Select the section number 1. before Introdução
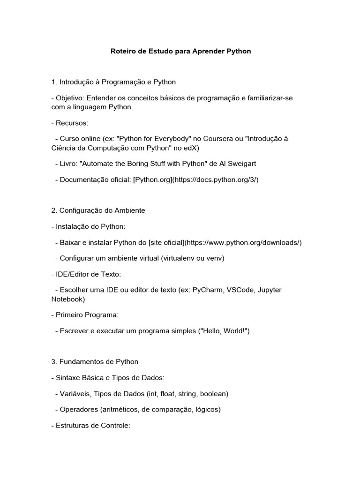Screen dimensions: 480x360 point(54,82)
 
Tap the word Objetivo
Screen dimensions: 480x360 point(69,98)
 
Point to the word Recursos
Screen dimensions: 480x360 point(71,123)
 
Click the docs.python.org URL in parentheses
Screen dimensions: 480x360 point(216,180)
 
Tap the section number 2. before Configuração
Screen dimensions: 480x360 point(54,210)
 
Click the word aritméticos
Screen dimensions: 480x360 point(120,409)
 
